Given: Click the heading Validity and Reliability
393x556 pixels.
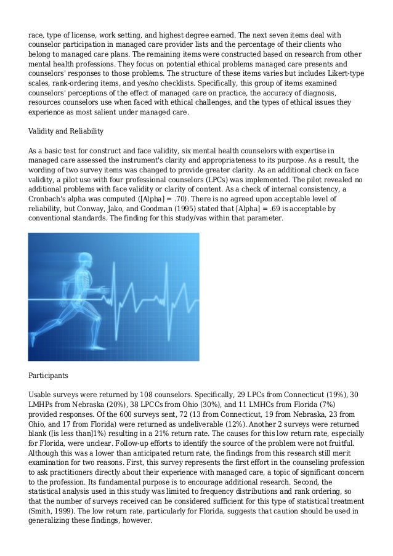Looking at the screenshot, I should [x=66, y=131].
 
